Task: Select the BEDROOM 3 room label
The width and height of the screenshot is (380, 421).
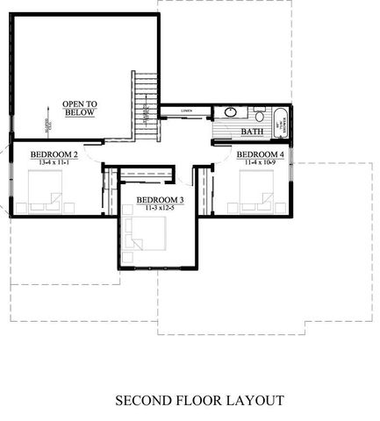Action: pos(159,201)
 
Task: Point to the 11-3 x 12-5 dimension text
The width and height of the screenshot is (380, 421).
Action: pos(159,209)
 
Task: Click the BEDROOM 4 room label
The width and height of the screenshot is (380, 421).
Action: pos(260,153)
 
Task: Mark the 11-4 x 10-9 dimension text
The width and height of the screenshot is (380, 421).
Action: pos(260,161)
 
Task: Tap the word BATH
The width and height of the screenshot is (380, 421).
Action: pos(253,132)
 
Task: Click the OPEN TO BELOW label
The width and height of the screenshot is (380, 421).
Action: pos(80,108)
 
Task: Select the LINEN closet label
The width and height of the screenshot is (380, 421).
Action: pos(186,111)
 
